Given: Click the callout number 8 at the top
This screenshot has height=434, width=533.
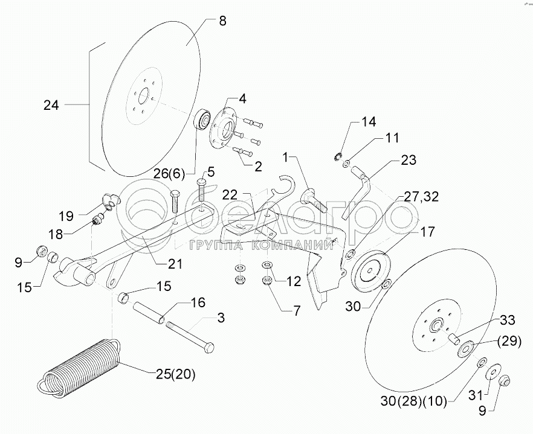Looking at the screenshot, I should click(222, 21).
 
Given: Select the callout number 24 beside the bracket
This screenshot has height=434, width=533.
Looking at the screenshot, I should click(51, 104).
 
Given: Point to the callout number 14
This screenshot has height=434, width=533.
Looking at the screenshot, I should click(369, 122).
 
